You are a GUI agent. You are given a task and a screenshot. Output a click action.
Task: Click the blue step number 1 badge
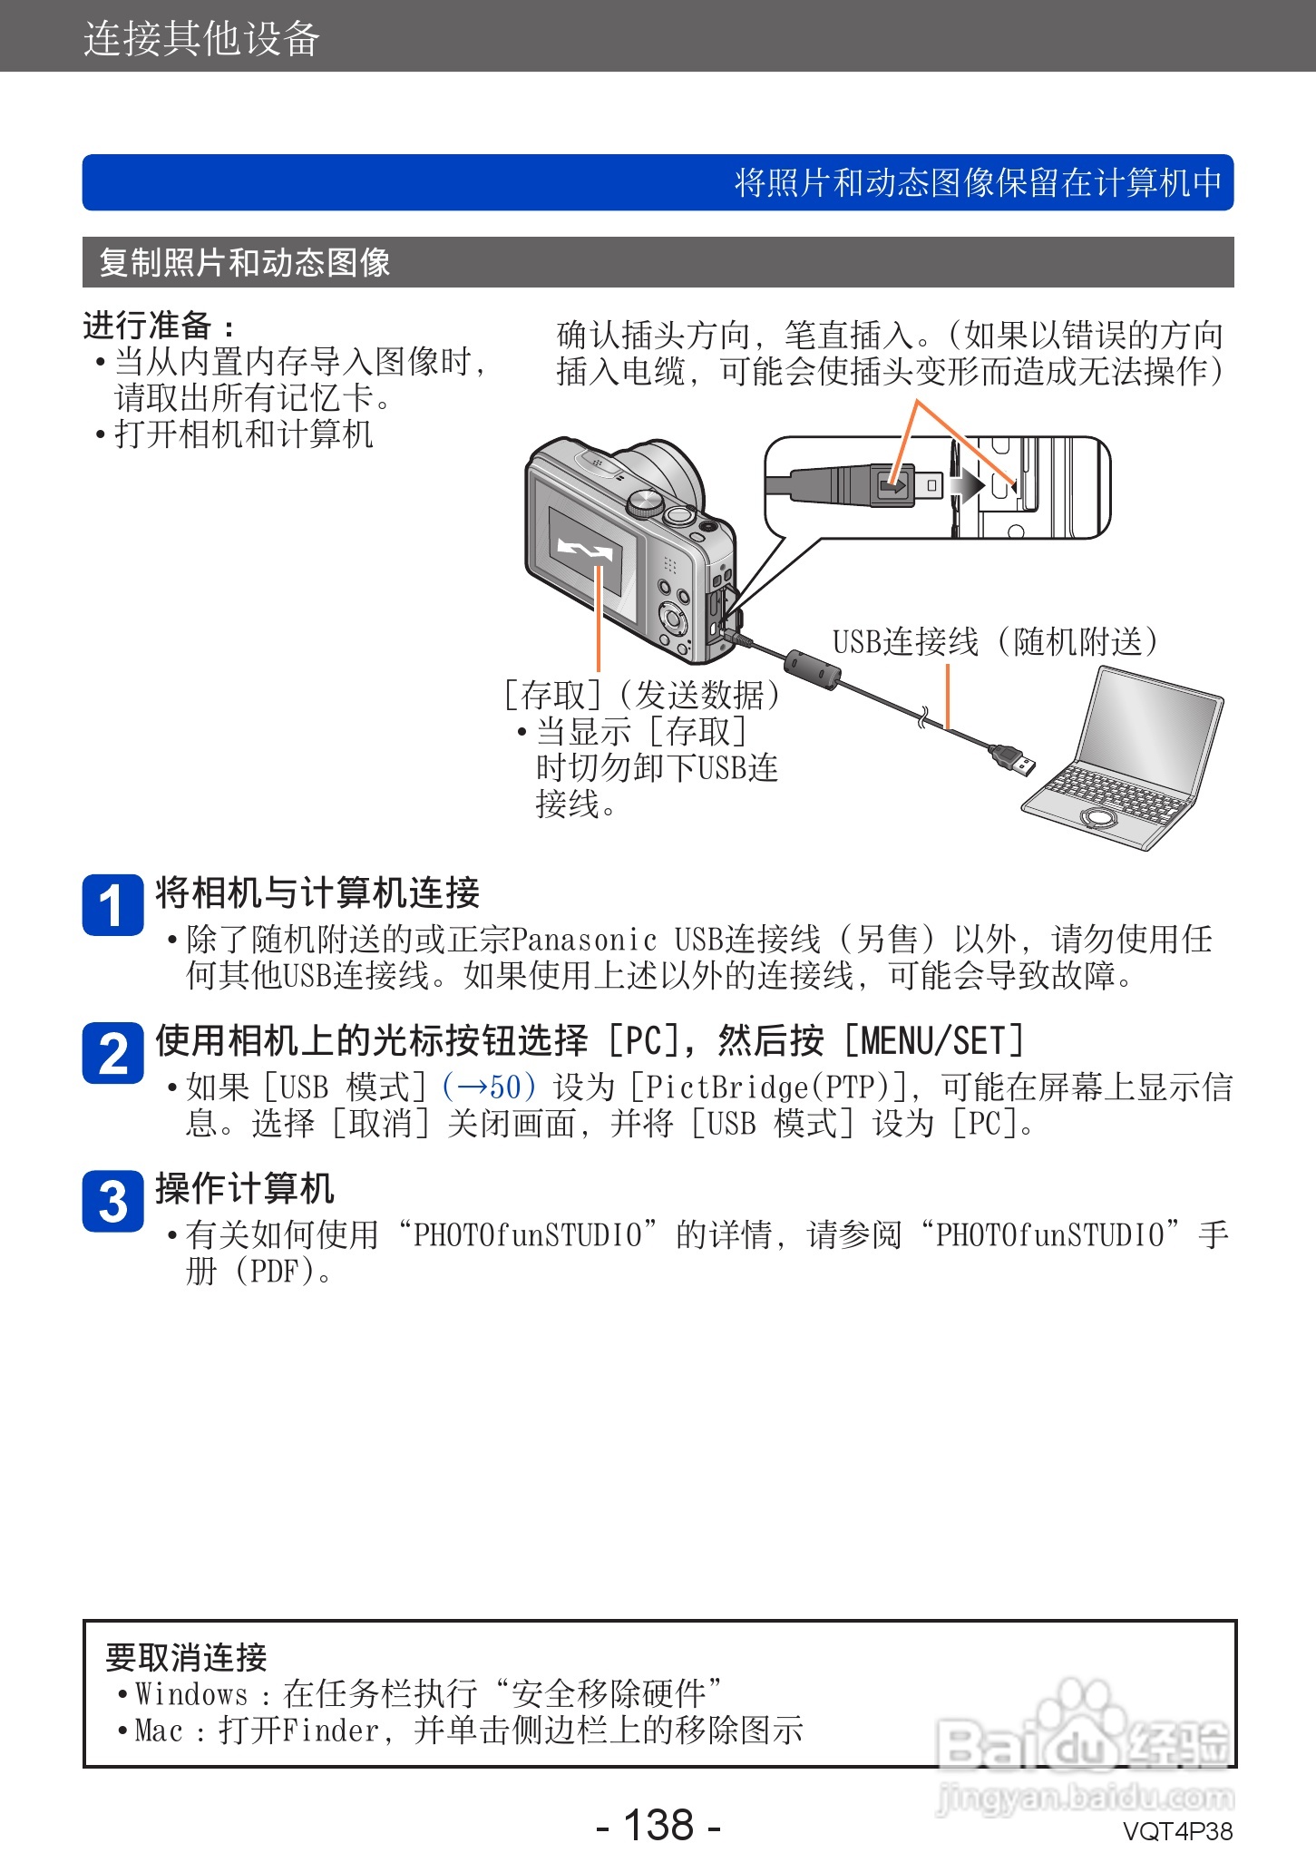(x=112, y=904)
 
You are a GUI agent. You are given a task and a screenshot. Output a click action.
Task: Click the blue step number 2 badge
(x=112, y=1053)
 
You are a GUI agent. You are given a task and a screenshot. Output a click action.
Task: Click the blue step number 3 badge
(x=112, y=1201)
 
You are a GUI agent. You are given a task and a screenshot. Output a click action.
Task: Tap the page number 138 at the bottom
(x=658, y=1824)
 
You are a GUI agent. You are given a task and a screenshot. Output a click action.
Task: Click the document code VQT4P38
(x=1177, y=1832)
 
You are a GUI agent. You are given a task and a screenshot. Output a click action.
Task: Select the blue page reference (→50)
(x=490, y=1087)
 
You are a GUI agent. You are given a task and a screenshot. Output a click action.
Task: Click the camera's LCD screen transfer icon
(x=586, y=549)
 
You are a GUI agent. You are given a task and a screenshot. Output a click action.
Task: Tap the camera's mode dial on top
(x=645, y=502)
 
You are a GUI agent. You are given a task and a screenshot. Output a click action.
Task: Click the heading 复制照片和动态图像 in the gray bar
(x=245, y=263)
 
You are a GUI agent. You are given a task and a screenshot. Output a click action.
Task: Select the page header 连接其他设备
(x=201, y=39)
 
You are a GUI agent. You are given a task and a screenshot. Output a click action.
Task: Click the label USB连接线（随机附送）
(x=995, y=641)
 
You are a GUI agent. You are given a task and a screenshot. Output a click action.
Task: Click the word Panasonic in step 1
(x=584, y=940)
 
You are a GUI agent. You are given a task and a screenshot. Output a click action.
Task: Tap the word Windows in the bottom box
(x=190, y=1693)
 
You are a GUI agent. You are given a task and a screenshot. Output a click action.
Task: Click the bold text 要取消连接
(x=186, y=1657)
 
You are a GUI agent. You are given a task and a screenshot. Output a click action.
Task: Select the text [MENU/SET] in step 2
(x=934, y=1040)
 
